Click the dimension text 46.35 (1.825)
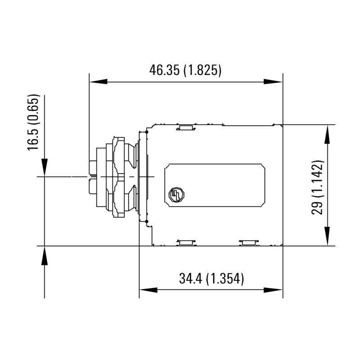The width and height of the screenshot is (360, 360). [x=185, y=70]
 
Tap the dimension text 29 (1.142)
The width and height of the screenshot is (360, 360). [x=318, y=186]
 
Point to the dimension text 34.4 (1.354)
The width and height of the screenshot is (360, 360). [x=211, y=279]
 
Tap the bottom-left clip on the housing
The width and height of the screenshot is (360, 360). [x=185, y=243]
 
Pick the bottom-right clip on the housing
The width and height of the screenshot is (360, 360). [x=249, y=243]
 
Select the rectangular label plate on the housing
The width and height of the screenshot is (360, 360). [x=215, y=185]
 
